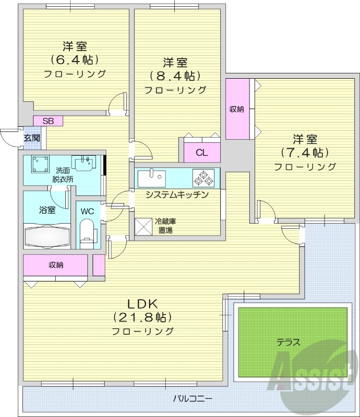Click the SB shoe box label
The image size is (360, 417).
(48, 121)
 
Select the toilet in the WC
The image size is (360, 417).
(87, 232)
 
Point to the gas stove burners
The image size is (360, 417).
(203, 178)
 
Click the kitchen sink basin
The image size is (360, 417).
(151, 178)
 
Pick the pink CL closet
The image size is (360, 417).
(202, 152)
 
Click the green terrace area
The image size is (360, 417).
(292, 342)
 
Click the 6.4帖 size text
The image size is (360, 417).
(75, 59)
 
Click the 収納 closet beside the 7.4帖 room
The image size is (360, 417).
(237, 109)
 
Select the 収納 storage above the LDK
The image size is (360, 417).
(56, 265)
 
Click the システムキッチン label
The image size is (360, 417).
(177, 195)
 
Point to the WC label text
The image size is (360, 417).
(87, 211)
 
